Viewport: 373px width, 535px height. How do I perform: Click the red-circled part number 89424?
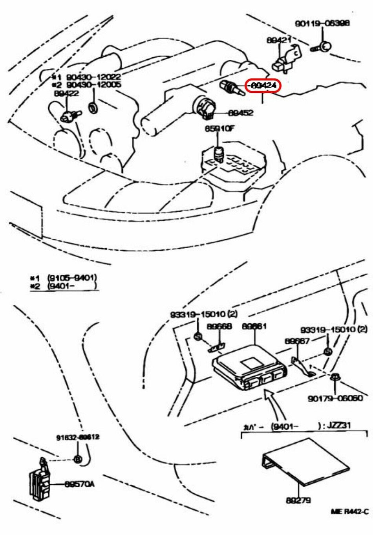coord(263,86)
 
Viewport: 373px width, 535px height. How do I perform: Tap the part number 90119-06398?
coord(322,24)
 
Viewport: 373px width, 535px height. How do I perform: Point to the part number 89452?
coord(241,113)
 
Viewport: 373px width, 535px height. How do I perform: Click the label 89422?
coord(66,93)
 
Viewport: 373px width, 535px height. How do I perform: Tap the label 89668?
coord(219,326)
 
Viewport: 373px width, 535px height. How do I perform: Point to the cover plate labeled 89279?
coord(306,462)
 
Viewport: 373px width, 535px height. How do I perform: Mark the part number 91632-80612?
coord(77,437)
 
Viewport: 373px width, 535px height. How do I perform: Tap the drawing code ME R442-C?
coord(349,511)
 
